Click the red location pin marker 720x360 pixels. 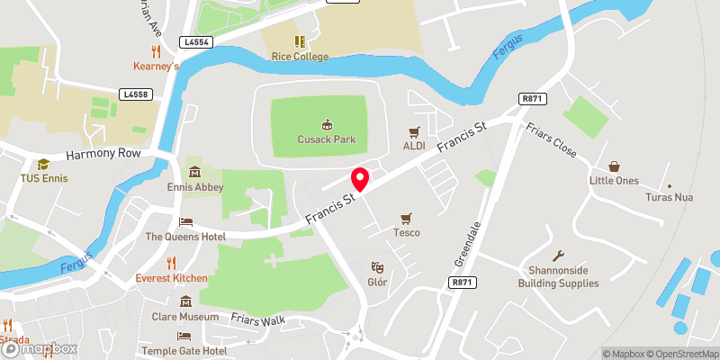coord(359,178)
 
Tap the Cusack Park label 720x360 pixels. coord(327,139)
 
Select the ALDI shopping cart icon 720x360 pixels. coord(415,131)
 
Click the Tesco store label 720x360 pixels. coord(405,232)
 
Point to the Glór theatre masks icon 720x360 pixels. coord(378,266)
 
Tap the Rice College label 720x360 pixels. coord(300,57)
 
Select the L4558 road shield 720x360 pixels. coord(134,94)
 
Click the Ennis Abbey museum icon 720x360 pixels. coord(194,172)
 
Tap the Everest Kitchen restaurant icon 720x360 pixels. coord(171,262)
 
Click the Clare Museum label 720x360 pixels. coord(185,317)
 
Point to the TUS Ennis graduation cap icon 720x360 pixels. coord(43,164)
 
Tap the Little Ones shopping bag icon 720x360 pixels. coord(615,166)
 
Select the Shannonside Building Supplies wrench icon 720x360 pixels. coord(558,256)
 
